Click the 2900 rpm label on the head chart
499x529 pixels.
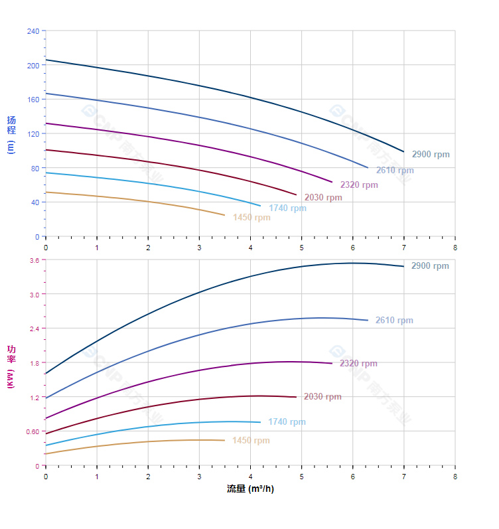(431, 155)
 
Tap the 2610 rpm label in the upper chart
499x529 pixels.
(395, 171)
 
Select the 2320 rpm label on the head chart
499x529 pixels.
(359, 185)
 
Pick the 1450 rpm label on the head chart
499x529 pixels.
(251, 218)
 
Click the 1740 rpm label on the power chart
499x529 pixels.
(287, 422)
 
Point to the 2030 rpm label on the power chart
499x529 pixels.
(322, 397)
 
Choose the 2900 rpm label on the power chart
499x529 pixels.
(430, 266)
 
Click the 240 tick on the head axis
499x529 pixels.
(33, 31)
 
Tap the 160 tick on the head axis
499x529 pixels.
(33, 100)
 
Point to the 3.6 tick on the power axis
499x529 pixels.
(35, 260)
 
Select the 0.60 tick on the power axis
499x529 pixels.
(33, 432)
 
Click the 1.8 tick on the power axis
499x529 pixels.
(35, 363)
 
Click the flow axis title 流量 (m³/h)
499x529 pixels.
(250, 489)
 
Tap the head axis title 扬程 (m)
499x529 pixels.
(11, 135)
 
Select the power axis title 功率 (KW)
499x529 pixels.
(11, 366)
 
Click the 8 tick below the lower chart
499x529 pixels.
(455, 477)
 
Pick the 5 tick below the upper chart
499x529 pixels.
(301, 248)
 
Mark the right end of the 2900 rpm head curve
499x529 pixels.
(403, 152)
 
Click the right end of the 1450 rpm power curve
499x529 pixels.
(224, 440)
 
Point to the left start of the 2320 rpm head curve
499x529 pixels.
(46, 123)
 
